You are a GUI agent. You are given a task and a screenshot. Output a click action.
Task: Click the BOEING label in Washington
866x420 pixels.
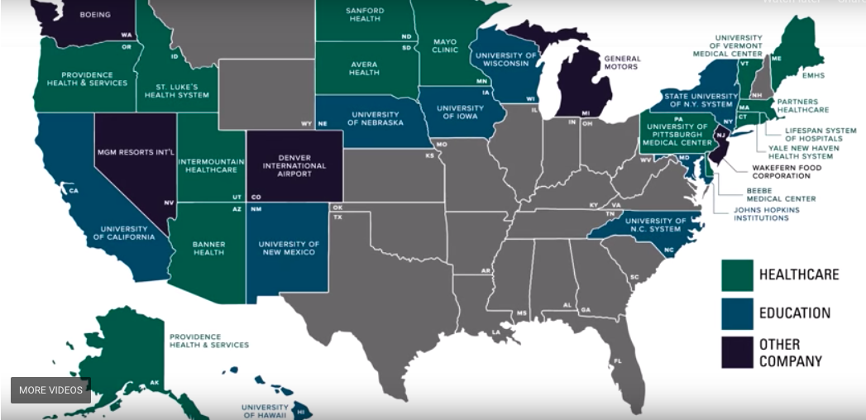[95, 15]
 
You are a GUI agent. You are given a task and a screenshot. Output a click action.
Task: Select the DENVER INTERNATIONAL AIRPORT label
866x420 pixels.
[294, 165]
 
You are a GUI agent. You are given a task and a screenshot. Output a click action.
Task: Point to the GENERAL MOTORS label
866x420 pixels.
[622, 62]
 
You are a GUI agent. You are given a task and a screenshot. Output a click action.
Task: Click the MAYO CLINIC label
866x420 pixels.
[444, 45]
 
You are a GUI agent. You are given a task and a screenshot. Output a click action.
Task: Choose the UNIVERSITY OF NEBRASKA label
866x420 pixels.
[376, 119]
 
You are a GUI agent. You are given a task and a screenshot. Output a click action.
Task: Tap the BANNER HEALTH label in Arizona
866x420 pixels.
[208, 248]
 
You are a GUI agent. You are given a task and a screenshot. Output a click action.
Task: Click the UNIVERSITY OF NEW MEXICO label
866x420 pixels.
[288, 248]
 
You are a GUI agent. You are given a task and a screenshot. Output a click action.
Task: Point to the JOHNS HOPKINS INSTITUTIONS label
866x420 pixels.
[767, 214]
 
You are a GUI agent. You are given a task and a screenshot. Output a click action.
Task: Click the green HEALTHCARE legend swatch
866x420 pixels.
[737, 275]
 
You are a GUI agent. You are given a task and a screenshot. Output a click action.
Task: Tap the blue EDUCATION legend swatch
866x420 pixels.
[737, 313]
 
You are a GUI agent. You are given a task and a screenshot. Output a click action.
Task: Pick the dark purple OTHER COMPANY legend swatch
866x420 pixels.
[737, 352]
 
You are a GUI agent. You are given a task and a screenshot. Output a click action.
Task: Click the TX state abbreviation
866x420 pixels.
[337, 217]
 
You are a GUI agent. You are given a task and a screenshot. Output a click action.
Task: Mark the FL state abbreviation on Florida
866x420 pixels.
[617, 360]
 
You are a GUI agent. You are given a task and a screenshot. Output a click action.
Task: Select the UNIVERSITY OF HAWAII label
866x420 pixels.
[265, 411]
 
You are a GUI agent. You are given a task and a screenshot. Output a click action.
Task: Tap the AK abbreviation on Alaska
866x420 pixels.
[154, 383]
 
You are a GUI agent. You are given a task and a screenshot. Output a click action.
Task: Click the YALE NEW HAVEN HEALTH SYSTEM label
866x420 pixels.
[801, 152]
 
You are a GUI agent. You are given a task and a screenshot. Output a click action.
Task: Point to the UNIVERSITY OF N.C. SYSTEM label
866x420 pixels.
[656, 226]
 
